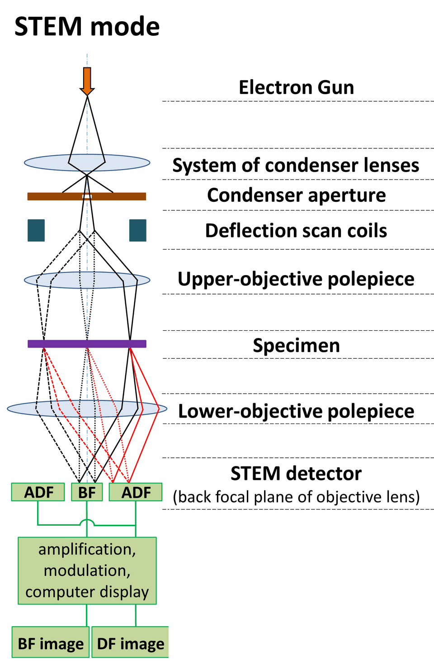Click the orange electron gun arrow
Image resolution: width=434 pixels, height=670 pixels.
tap(87, 81)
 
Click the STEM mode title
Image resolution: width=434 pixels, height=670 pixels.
tap(87, 27)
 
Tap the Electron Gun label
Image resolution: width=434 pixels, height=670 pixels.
tap(296, 87)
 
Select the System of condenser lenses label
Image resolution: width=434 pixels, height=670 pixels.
tap(296, 165)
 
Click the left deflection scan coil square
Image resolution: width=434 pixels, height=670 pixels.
tap(36, 230)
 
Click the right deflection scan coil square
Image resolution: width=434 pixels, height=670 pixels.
tap(138, 230)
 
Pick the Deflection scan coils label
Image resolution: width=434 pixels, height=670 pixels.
tap(296, 231)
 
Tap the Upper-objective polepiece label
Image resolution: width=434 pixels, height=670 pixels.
tap(296, 279)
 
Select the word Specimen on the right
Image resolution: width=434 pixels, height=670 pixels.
tap(296, 345)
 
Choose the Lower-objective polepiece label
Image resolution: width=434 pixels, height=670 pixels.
tap(296, 411)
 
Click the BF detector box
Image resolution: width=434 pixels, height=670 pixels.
tap(87, 492)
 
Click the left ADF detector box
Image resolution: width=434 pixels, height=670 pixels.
tap(38, 492)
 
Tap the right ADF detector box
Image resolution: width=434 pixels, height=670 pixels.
tap(136, 492)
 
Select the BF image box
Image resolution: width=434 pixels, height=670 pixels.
tap(50, 643)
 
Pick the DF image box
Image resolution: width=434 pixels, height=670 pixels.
tap(130, 643)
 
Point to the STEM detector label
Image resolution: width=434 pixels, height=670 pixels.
tap(296, 474)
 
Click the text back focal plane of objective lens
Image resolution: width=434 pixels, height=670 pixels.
tap(296, 497)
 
